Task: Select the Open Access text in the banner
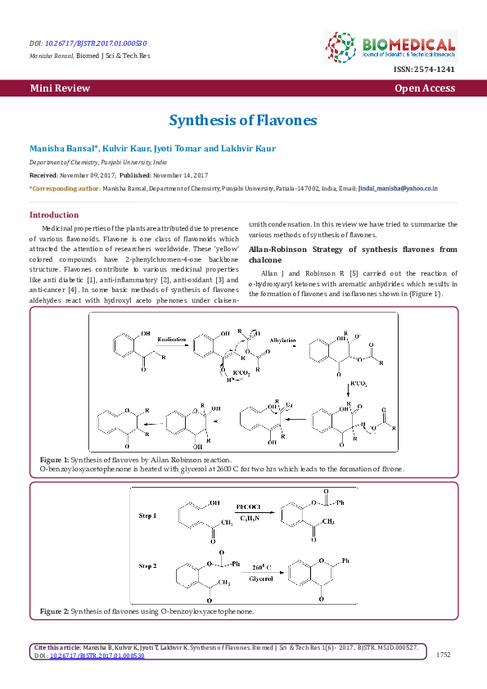point(425,88)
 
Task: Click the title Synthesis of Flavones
point(243,120)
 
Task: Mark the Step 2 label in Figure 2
point(150,565)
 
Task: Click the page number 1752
point(444,655)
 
